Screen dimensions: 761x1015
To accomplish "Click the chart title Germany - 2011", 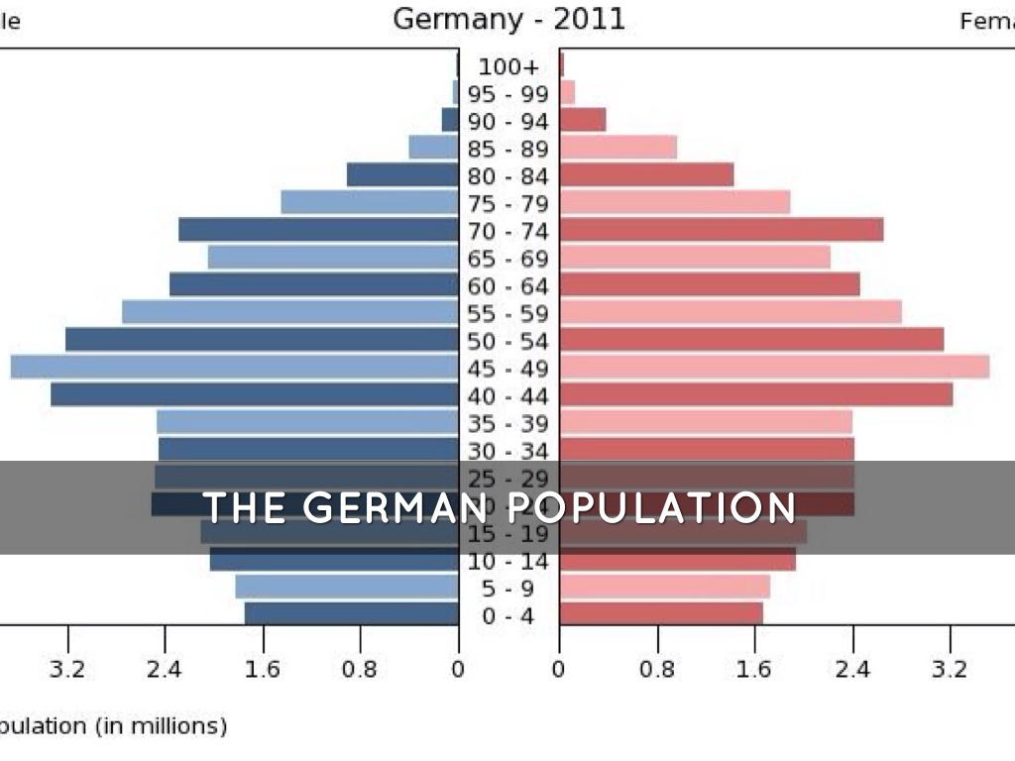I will [508, 19].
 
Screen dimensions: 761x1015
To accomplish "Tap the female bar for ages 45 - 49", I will [774, 367].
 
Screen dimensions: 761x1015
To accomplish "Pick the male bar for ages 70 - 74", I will [318, 230].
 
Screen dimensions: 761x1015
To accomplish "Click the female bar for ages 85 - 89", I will [619, 148].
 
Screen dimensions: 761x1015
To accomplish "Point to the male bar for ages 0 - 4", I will [352, 613].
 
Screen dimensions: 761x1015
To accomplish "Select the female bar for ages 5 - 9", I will [664, 587].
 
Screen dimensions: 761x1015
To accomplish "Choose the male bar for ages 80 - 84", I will [402, 175].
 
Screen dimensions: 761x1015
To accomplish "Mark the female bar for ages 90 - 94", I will [583, 120].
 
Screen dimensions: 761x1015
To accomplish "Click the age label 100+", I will [508, 67].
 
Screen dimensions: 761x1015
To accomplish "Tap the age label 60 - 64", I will [508, 286].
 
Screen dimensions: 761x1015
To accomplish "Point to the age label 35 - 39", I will [508, 424].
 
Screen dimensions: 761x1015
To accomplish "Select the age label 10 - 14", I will [508, 562].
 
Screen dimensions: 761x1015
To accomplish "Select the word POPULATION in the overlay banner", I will [652, 507].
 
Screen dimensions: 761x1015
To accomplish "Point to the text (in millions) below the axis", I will [161, 726].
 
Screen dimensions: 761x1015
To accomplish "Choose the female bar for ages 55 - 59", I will [731, 312].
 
